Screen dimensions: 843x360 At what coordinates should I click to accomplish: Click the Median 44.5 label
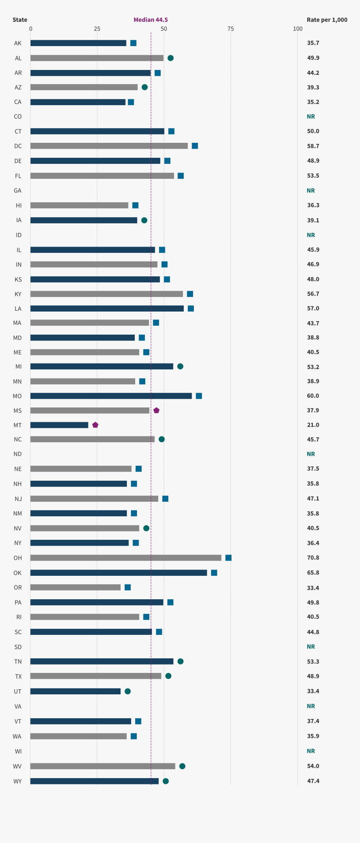coord(150,20)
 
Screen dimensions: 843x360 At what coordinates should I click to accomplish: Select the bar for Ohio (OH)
coord(126,558)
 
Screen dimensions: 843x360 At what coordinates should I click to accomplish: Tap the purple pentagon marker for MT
coord(95,425)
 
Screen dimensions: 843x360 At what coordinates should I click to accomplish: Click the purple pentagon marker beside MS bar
coord(156,410)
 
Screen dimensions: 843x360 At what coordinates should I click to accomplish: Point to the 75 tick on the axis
coord(231,28)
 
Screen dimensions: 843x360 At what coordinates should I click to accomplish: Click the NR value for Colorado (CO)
coord(311,116)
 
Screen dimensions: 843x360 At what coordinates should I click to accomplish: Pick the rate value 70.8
coord(313,558)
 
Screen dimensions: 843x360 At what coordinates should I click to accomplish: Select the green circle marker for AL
coord(170,58)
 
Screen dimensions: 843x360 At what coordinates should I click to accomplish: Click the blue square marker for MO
coord(199,396)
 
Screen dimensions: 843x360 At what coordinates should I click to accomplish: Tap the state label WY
coord(18,781)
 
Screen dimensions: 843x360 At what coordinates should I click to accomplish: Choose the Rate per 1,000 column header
coord(327,20)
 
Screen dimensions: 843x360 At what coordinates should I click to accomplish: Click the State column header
coord(20,20)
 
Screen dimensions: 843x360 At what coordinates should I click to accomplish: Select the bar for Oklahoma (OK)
coord(118,573)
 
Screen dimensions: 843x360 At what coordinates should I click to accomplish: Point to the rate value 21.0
coord(313,425)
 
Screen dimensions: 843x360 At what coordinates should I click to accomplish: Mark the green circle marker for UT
coord(128,691)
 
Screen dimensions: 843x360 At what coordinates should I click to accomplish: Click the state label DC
coord(18,146)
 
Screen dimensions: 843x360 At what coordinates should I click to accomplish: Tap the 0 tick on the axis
coord(31,28)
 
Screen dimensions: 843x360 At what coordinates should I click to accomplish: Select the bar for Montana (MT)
coord(59,425)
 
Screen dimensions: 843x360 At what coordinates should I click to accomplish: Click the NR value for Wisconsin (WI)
coord(311,751)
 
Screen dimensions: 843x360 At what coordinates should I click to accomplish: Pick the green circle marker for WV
coord(182,766)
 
